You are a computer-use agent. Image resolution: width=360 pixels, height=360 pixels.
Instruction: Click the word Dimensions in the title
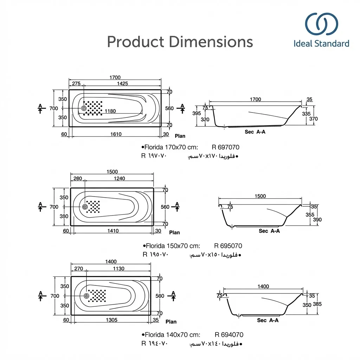tap(211, 42)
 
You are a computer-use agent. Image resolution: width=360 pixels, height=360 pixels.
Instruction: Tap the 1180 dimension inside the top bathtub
tap(110, 111)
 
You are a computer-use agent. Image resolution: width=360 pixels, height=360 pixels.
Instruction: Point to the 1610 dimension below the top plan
tap(115, 134)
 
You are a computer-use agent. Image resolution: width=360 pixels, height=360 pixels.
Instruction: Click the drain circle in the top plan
tap(84, 108)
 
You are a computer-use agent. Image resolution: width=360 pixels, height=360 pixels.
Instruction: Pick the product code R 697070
tap(225, 147)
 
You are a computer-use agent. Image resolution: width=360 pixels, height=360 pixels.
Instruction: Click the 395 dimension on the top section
tap(197, 113)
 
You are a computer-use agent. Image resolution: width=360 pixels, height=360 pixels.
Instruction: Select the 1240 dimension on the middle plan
tap(119, 179)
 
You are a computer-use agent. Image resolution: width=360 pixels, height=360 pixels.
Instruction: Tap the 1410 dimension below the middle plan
tap(112, 231)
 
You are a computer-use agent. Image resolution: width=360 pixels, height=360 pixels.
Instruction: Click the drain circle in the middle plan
tap(85, 207)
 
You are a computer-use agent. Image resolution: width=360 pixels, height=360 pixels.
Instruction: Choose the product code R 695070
tap(228, 246)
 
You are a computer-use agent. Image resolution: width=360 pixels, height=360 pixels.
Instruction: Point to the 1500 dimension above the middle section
tap(260, 196)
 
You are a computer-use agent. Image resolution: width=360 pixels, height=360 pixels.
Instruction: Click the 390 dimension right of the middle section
tap(317, 220)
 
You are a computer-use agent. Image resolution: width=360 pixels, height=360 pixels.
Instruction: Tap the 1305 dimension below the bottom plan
tap(111, 320)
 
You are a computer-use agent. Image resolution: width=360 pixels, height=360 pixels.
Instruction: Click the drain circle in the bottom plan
tap(86, 296)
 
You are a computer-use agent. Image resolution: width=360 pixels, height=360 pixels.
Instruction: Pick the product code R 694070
tap(229, 335)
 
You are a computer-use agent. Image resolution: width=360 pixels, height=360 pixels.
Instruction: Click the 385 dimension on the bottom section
tap(317, 304)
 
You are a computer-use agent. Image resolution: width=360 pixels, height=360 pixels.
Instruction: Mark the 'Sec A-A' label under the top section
tap(255, 132)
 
